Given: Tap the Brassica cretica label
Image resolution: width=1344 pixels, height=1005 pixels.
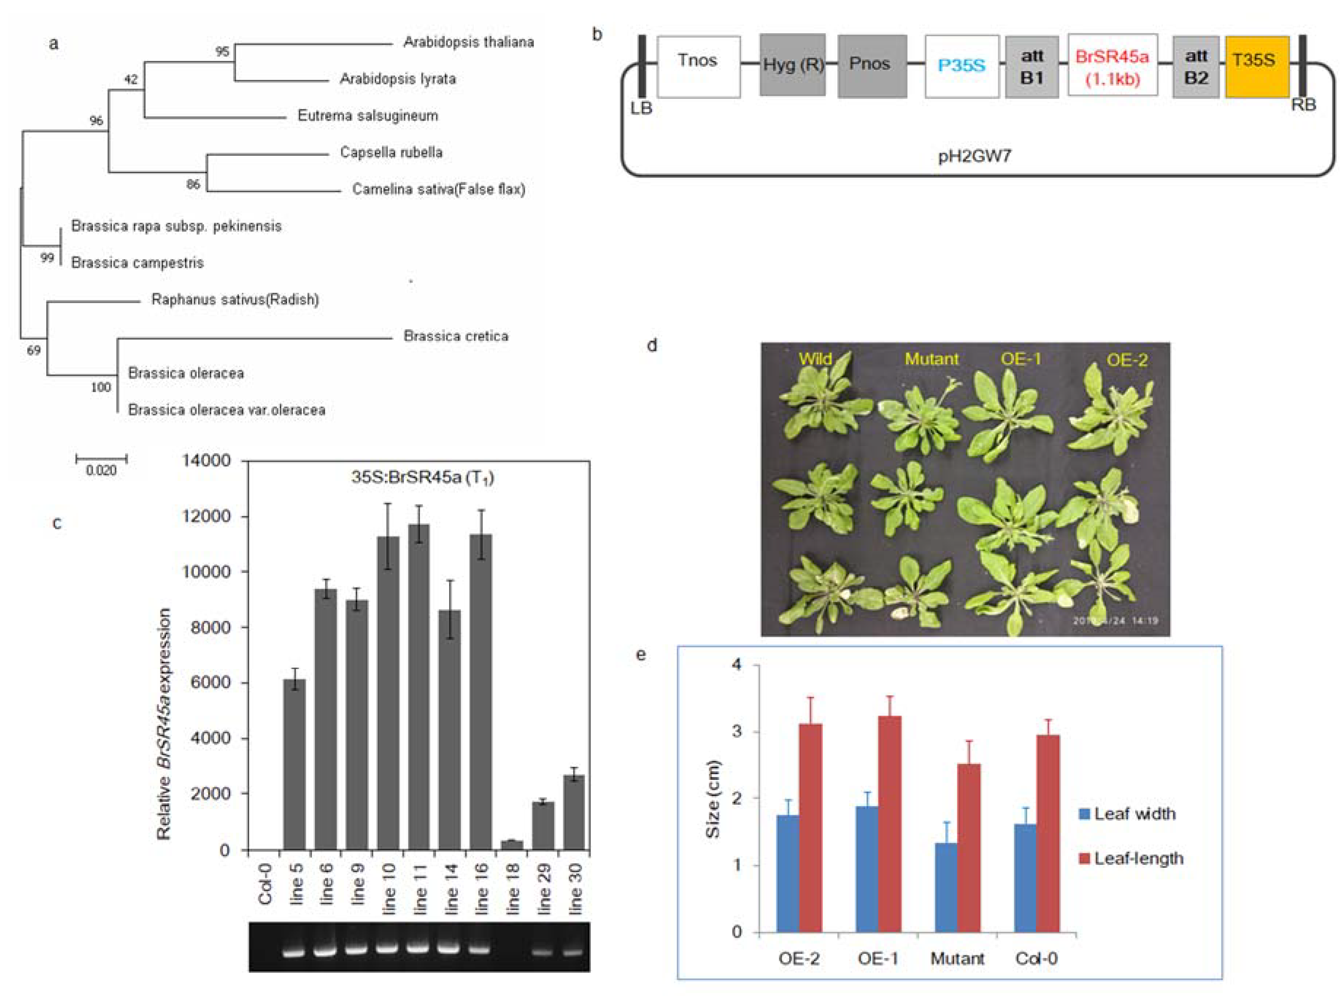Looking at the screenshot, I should coord(456,336).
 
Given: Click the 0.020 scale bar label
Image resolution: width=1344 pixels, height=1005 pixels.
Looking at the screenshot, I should coord(101,470).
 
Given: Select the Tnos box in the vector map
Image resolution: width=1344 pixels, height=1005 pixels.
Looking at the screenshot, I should coord(698,66).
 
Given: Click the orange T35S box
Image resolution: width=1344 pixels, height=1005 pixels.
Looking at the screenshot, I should coord(1256,66).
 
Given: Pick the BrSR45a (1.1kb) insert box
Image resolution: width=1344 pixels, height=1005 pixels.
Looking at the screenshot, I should coord(1112,66).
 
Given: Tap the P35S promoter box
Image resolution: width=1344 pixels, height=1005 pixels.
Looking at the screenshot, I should coord(961,66).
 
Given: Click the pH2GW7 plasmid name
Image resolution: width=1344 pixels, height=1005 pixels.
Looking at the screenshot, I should coord(974,156).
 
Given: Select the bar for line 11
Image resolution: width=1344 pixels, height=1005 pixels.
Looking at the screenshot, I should coord(419,687).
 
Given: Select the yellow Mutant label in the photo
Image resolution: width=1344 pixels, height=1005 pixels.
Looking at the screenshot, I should coord(931,359).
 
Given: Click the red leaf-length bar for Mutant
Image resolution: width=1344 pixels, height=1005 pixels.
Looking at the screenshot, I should coord(969,848).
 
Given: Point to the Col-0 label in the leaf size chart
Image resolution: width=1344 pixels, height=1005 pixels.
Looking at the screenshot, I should coord(1036,959).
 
